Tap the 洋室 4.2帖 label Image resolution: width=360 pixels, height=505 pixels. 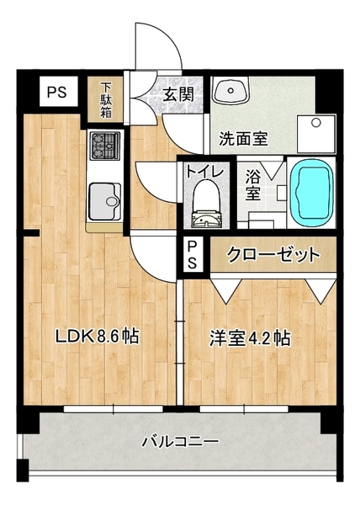(x=250, y=338)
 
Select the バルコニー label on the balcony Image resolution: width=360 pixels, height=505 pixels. (x=180, y=442)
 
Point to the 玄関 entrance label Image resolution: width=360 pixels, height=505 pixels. (x=178, y=93)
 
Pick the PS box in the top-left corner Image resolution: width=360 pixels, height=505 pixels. (x=57, y=92)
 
